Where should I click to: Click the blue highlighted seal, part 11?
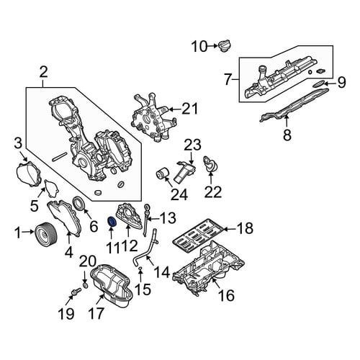(x=112, y=221)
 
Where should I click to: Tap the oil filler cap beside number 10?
(x=225, y=45)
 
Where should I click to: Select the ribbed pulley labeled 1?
(x=46, y=233)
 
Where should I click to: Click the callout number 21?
(x=189, y=109)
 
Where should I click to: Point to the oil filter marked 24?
(x=162, y=176)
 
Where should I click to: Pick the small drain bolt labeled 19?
(x=76, y=292)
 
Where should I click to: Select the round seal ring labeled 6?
(x=78, y=203)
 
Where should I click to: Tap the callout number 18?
(x=245, y=228)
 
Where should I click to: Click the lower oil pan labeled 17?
(x=111, y=285)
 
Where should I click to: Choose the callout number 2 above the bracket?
(x=43, y=72)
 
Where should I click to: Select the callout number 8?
(x=287, y=135)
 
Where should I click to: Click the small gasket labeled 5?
(x=51, y=188)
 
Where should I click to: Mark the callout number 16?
(x=226, y=295)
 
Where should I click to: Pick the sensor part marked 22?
(x=210, y=164)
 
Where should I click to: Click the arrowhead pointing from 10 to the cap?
(x=215, y=45)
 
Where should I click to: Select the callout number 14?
(x=162, y=272)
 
